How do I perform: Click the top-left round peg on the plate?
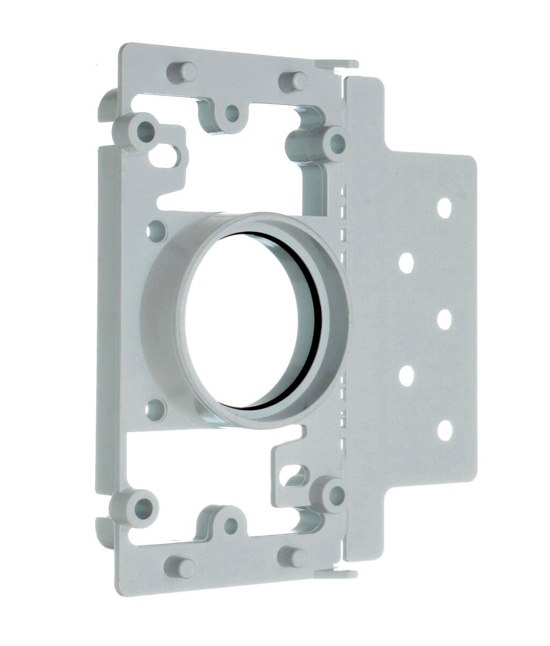[x=184, y=72]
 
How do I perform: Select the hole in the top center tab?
[x=232, y=113]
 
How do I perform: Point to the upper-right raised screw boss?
[x=337, y=142]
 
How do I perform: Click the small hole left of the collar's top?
[x=156, y=231]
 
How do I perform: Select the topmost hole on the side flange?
[x=444, y=208]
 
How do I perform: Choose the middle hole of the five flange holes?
[x=444, y=319]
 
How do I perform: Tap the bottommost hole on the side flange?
[x=444, y=431]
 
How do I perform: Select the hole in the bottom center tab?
[x=231, y=525]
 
